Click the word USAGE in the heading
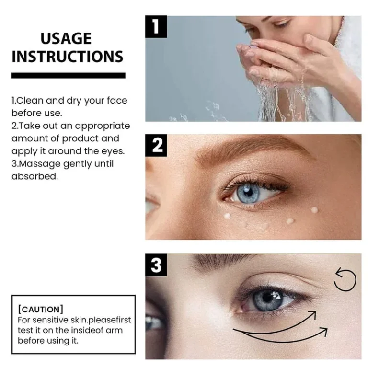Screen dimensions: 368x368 [x=66, y=38]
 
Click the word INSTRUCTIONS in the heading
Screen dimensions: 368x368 [x=68, y=57]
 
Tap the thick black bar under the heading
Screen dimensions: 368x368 [x=68, y=75]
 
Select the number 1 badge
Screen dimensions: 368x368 [x=156, y=26]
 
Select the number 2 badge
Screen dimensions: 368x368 [x=156, y=145]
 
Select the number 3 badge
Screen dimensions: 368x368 [x=156, y=265]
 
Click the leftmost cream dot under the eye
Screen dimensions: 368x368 [x=228, y=216]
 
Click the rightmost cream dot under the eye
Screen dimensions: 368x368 [x=314, y=209]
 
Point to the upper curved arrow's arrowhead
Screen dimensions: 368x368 [x=313, y=314]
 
